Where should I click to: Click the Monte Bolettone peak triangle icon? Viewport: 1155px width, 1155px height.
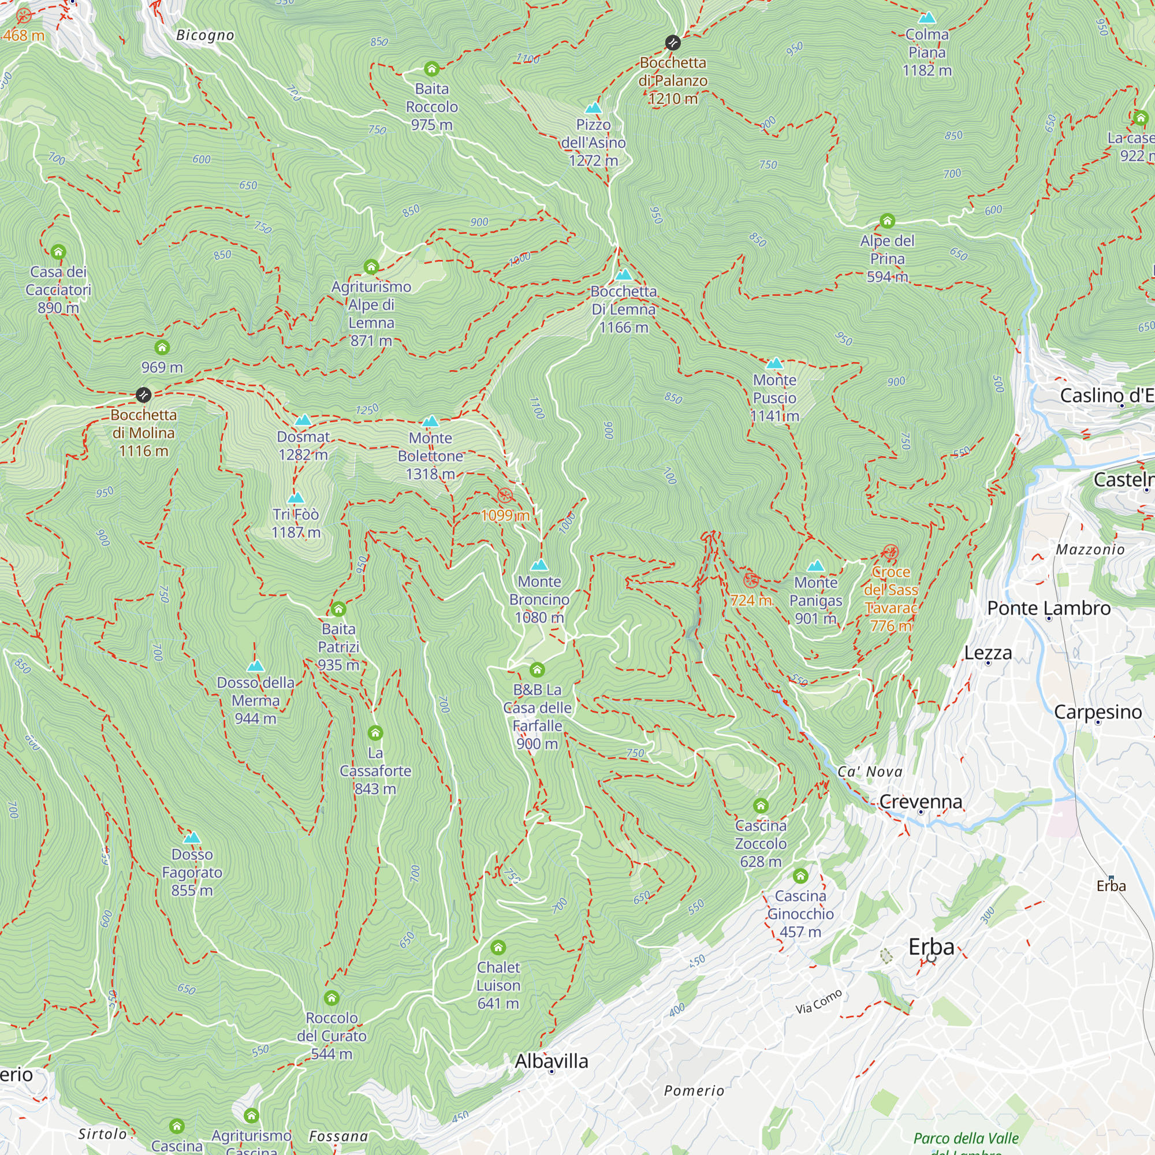pyautogui.click(x=430, y=422)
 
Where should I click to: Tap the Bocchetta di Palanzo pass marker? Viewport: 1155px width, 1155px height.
pyautogui.click(x=673, y=42)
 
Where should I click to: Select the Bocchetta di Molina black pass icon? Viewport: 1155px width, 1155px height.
pyautogui.click(x=143, y=394)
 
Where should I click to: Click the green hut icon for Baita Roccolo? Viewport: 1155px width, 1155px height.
pyautogui.click(x=431, y=69)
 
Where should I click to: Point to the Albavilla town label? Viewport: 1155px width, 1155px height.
pyautogui.click(x=551, y=1061)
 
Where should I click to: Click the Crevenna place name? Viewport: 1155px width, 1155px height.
pyautogui.click(x=921, y=802)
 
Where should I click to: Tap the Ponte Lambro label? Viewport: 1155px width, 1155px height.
pyautogui.click(x=1049, y=608)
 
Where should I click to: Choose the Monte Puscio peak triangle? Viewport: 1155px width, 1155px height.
pyautogui.click(x=775, y=363)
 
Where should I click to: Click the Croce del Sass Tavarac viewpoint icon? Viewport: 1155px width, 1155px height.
pyautogui.click(x=890, y=552)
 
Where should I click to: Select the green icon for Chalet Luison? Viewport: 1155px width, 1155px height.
pyautogui.click(x=498, y=948)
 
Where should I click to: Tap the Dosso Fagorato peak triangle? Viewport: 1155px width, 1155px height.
pyautogui.click(x=192, y=837)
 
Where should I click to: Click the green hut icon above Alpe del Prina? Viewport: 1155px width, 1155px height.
pyautogui.click(x=887, y=221)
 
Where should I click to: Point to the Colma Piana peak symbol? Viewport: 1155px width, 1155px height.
pyautogui.click(x=927, y=17)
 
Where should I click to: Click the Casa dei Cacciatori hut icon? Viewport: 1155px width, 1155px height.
pyautogui.click(x=58, y=252)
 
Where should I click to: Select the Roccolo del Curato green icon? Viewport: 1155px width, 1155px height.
pyautogui.click(x=332, y=998)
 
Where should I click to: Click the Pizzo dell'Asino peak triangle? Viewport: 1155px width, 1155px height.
pyautogui.click(x=593, y=107)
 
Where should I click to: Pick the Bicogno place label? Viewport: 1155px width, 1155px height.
pyautogui.click(x=205, y=35)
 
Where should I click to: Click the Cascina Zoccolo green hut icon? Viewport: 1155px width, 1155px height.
pyautogui.click(x=761, y=806)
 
